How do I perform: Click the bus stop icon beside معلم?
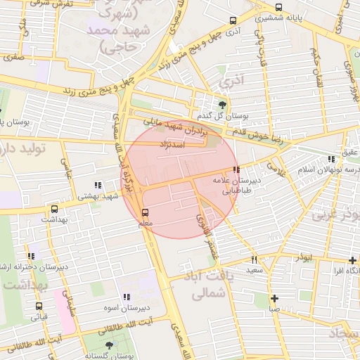point(146,212)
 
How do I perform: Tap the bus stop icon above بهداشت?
point(54,209)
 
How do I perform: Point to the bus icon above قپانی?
point(39,306)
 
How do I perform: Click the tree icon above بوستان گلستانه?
point(108,346)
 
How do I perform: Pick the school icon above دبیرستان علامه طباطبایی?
point(236,170)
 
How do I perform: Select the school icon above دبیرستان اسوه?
point(127,297)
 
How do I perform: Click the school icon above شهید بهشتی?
point(98,185)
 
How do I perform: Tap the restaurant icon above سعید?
point(254,259)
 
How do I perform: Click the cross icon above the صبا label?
point(274,298)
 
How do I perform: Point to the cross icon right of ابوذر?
point(352,259)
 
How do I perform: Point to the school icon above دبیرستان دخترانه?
point(30,257)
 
